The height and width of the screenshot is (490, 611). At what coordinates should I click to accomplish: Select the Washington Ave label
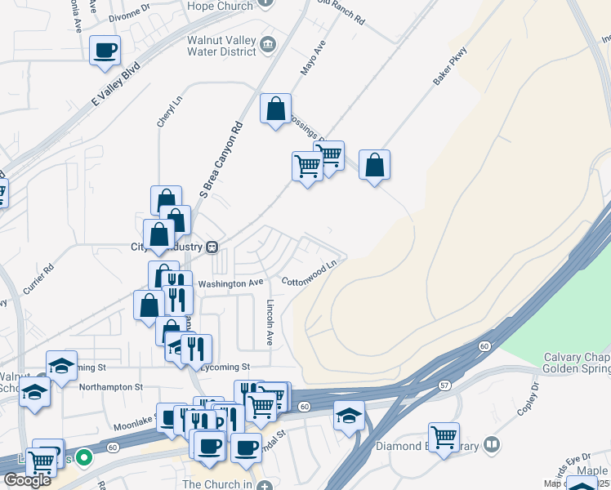(233, 283)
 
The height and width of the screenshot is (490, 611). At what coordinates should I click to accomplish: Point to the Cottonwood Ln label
(310, 274)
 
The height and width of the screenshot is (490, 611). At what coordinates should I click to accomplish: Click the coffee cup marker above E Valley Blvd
(105, 50)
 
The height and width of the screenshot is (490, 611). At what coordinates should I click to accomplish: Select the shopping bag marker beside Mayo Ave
(276, 109)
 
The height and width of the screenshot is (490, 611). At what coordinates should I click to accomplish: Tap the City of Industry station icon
(212, 247)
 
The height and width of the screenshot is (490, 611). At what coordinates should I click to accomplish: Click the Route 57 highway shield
(444, 384)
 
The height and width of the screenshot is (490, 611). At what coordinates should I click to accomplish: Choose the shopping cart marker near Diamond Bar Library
(444, 437)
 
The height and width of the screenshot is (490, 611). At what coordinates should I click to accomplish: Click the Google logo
(27, 479)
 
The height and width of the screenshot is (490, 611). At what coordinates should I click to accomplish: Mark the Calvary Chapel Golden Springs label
(577, 364)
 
